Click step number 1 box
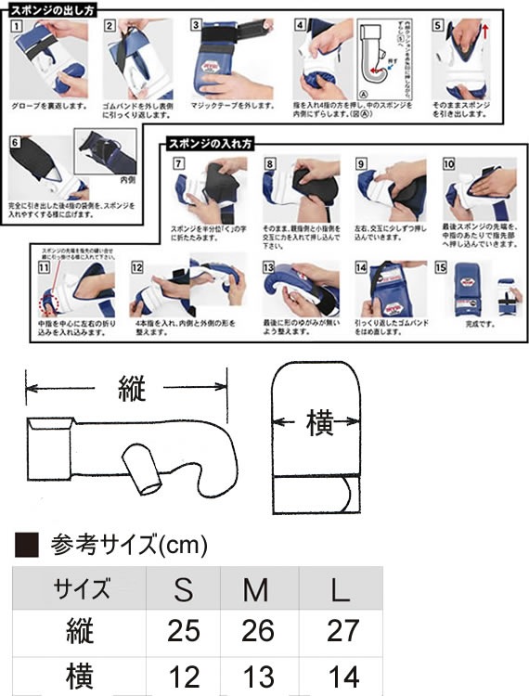(16, 26)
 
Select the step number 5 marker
(437, 26)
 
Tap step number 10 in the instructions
(449, 163)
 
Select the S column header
(183, 588)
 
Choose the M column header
(258, 588)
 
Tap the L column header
(342, 588)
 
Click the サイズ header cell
(83, 588)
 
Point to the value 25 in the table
(183, 632)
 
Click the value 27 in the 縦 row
(342, 632)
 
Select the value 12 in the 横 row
(183, 676)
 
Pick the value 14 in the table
(342, 676)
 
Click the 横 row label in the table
(83, 676)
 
